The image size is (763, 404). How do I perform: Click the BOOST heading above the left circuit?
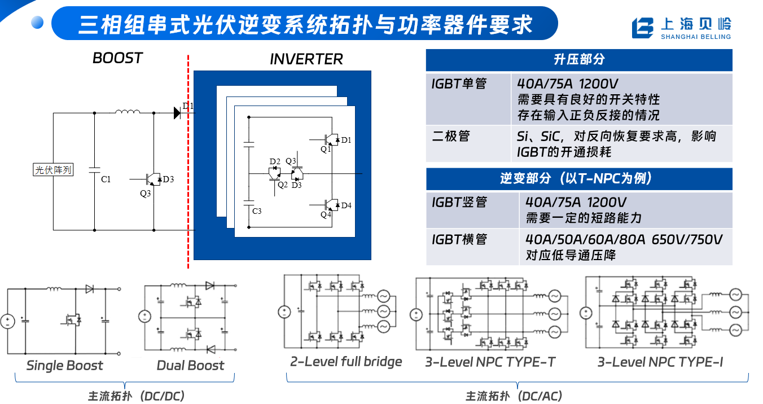(x=117, y=58)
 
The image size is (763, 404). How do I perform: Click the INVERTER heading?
(x=306, y=59)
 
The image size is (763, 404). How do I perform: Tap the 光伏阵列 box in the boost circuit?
(x=53, y=170)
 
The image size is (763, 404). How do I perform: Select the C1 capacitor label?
(x=106, y=179)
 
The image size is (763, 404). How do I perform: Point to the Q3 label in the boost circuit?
(x=146, y=194)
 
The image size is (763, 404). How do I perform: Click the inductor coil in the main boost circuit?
(x=128, y=111)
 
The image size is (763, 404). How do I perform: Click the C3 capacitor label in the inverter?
(x=257, y=211)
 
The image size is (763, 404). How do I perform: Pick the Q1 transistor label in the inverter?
(x=326, y=149)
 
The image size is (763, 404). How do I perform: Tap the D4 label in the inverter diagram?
(x=346, y=205)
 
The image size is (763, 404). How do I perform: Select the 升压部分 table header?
(x=579, y=60)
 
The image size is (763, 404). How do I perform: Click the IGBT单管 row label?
(x=459, y=84)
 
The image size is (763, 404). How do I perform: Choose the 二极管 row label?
(x=451, y=136)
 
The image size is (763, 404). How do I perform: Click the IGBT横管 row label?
(x=459, y=239)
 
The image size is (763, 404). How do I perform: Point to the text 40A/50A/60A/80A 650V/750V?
(x=624, y=239)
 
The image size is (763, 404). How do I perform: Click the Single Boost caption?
(x=64, y=366)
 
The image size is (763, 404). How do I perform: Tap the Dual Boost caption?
(x=190, y=366)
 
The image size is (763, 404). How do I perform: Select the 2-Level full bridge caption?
(x=346, y=362)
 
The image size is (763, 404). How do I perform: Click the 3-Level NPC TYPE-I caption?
(x=660, y=362)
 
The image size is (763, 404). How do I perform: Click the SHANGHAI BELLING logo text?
(x=695, y=37)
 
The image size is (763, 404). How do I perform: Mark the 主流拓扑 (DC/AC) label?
(x=514, y=396)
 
